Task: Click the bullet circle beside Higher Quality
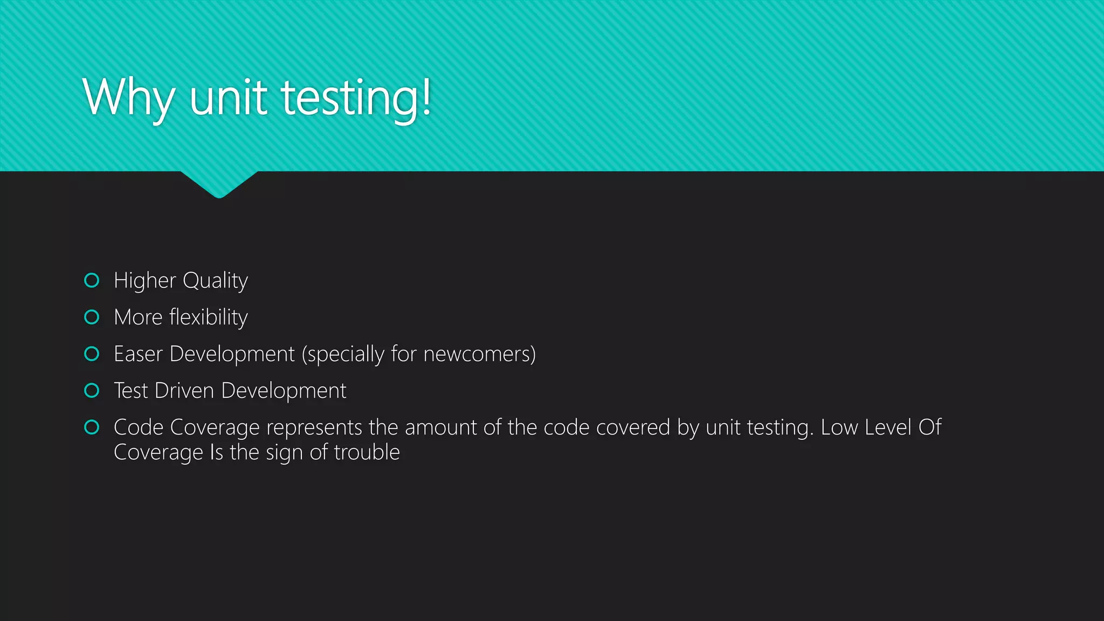92,280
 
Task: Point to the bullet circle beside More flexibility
92,317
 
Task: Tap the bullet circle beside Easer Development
92,354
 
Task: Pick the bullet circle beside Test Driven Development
92,390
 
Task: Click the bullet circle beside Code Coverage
92,427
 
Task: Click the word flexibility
208,318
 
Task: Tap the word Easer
138,354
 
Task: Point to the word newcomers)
479,354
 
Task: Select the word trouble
367,452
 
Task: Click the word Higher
145,281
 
